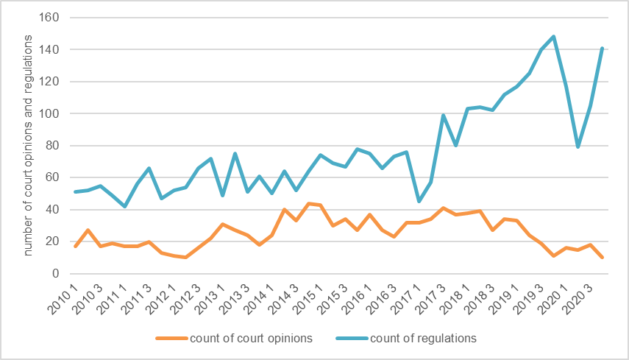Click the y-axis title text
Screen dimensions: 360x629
point(29,145)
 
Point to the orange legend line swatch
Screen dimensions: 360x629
point(171,339)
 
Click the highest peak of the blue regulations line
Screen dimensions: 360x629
point(553,36)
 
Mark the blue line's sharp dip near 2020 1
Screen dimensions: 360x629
point(578,147)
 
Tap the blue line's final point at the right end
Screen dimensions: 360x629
point(602,49)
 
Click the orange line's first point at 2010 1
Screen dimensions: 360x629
point(76,246)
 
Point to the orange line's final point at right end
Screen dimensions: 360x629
point(602,258)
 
